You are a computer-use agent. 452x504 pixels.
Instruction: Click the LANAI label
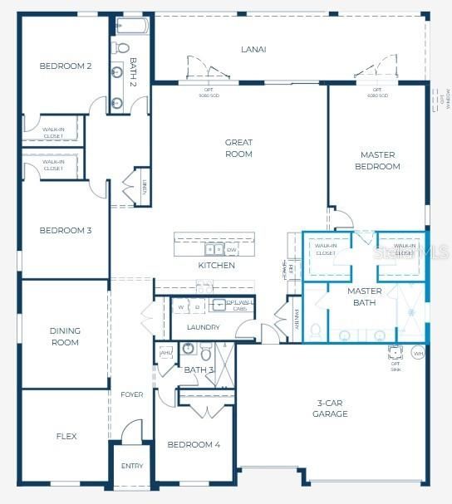point(253,49)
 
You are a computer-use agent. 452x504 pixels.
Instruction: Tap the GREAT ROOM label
point(238,148)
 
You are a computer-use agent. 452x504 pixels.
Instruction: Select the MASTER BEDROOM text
point(379,160)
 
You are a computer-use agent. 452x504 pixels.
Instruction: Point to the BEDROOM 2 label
point(65,66)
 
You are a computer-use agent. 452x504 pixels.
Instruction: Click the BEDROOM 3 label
point(65,230)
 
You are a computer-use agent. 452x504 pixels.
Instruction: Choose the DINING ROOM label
point(65,336)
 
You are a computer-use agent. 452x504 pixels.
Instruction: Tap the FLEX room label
point(66,435)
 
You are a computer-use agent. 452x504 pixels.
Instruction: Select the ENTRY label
point(132,466)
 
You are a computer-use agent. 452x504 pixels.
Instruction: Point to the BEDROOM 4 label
point(194,445)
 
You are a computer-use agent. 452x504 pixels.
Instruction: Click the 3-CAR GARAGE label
point(330,409)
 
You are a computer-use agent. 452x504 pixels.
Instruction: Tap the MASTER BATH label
point(364,296)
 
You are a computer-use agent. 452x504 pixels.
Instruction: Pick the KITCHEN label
point(216,266)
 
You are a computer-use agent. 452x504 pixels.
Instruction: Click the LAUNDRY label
point(203,327)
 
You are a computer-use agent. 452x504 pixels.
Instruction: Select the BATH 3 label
point(199,369)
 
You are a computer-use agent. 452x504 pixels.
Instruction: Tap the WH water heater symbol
point(418,353)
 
